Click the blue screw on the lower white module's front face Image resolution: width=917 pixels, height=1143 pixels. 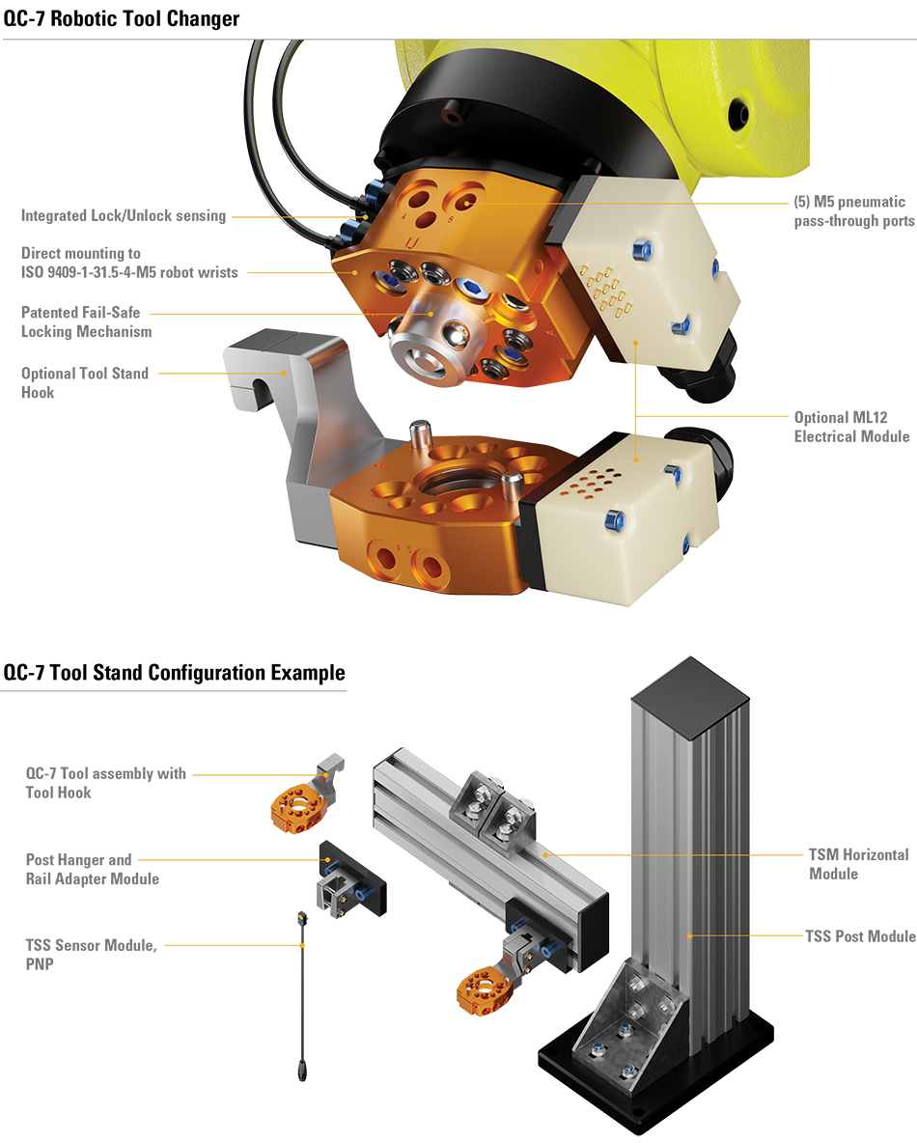[x=610, y=521]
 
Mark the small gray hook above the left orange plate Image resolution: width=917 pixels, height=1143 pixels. [x=330, y=772]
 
